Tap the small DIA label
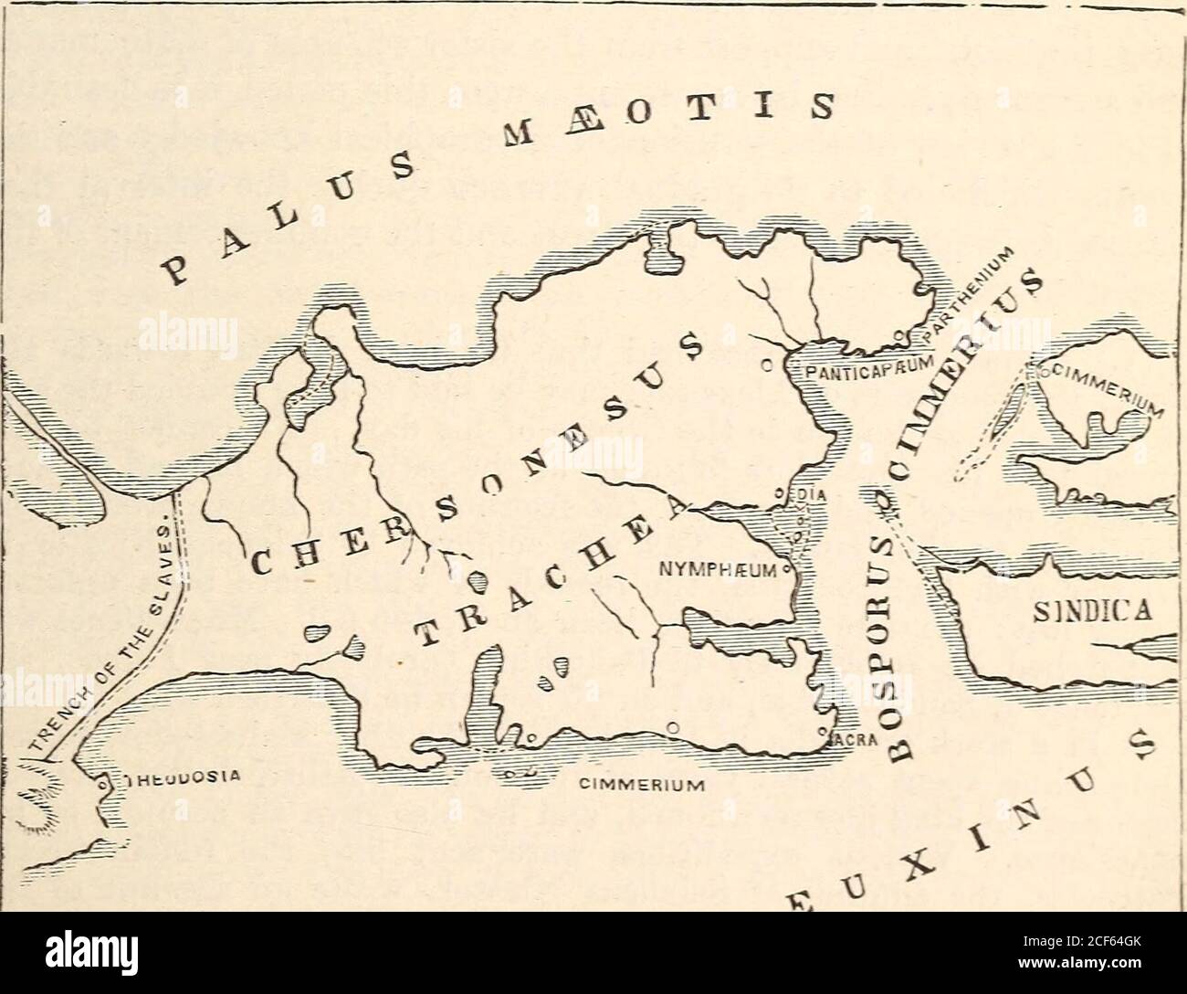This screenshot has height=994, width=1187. click(813, 495)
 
